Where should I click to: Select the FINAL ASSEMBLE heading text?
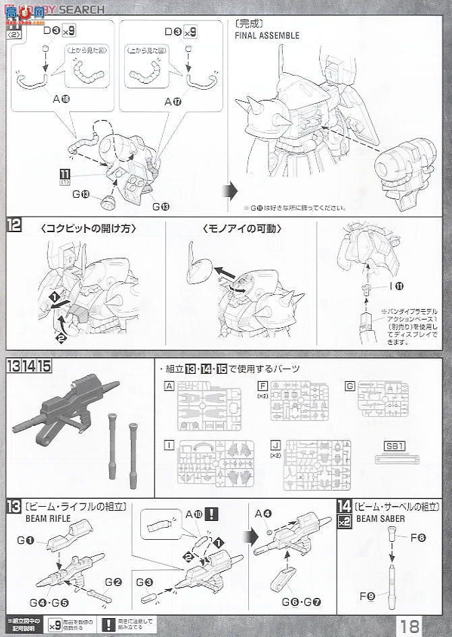pos(268,35)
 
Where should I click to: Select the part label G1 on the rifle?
pos(28,539)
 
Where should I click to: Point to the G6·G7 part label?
pos(294,598)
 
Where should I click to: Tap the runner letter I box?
pos(168,445)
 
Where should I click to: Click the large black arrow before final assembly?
pos(230,187)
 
